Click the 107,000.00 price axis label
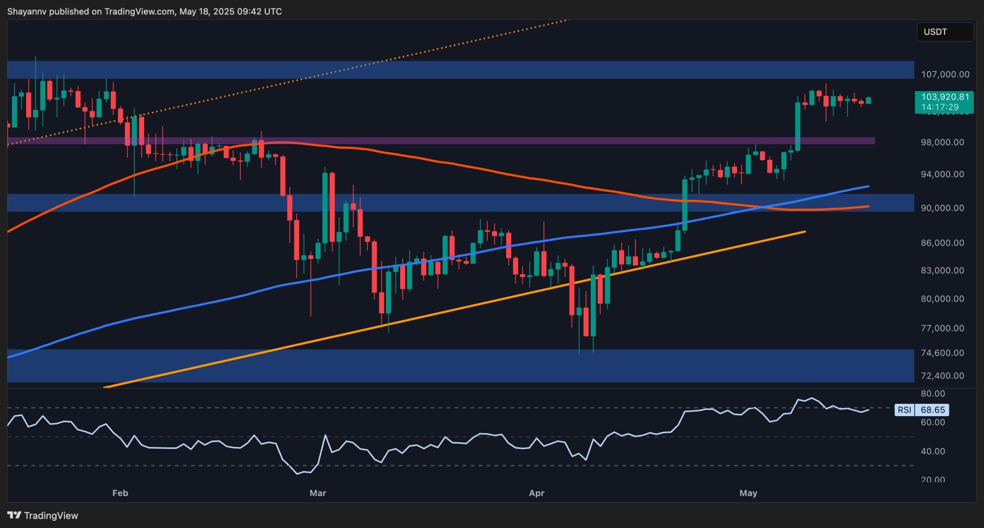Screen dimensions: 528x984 coord(945,74)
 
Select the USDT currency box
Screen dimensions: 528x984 coord(945,32)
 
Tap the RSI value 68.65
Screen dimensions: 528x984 coord(932,410)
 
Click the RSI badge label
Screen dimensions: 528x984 coord(904,410)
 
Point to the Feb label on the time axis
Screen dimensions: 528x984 coord(120,493)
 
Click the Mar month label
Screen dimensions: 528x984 coord(317,493)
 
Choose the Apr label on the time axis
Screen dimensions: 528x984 coord(537,493)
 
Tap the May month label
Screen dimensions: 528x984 coord(748,493)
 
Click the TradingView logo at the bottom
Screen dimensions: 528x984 coord(43,515)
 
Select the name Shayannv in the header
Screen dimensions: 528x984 coord(27,12)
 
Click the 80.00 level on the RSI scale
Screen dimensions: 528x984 coord(933,394)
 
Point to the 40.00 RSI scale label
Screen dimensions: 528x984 coord(933,451)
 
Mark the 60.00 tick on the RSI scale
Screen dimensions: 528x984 coord(933,422)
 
